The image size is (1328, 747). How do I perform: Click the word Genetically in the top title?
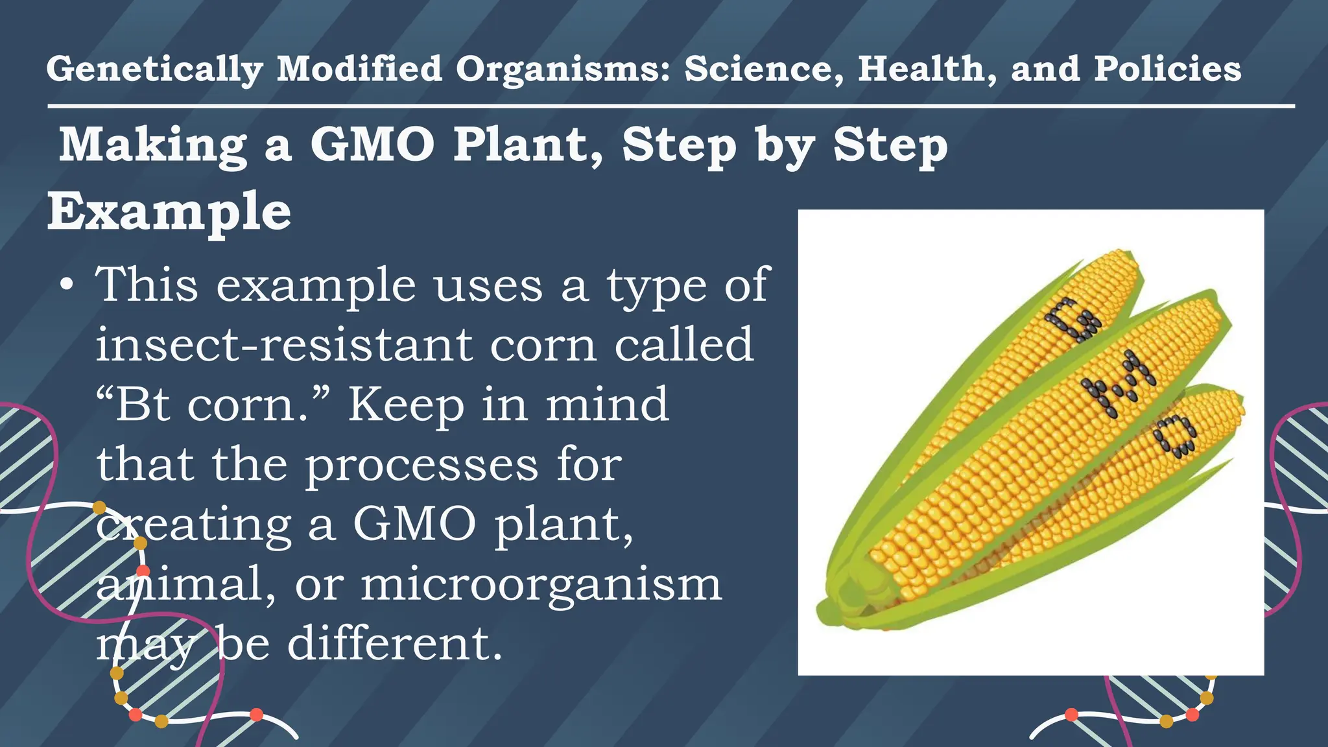click(154, 69)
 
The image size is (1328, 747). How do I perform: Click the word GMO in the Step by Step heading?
click(372, 145)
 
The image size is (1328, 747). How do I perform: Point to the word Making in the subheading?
click(152, 145)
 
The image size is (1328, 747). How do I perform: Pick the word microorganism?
click(541, 584)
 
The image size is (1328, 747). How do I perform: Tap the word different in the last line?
click(395, 644)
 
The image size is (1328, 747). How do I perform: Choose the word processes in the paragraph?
click(421, 465)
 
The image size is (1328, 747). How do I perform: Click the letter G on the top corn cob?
click(1073, 320)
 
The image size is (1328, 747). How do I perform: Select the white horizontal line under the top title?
click(670, 106)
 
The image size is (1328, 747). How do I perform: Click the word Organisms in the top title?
click(562, 69)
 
